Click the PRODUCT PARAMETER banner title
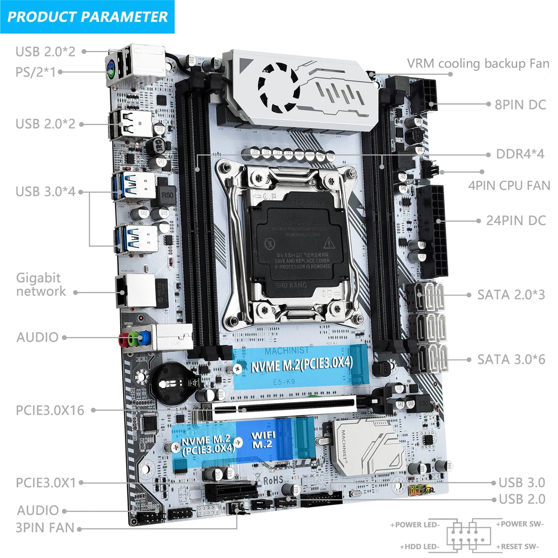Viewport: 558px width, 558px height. coord(87,17)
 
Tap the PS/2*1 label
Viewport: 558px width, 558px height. coord(36,72)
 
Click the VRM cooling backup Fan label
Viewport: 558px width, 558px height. coord(478,63)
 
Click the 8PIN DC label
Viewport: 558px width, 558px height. coord(520,105)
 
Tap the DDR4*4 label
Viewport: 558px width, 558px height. coord(520,154)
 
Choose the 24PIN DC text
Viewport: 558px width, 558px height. coord(516,220)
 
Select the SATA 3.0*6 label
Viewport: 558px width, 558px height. coord(511,360)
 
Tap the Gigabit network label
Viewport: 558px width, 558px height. coord(41,284)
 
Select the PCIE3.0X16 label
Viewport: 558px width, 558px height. coord(50,410)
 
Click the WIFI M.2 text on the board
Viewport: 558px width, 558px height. coord(263,440)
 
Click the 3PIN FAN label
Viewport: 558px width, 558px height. coord(44,528)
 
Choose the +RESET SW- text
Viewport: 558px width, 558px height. coord(517,547)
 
